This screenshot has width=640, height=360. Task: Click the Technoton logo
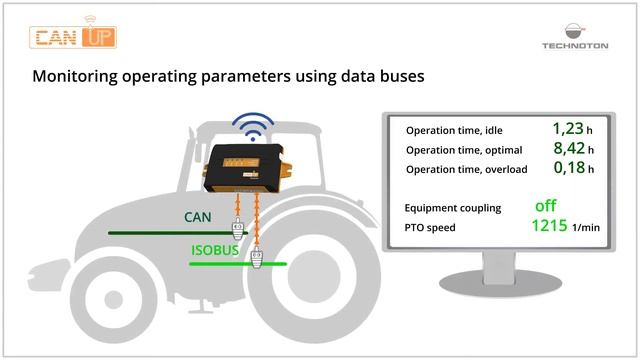click(574, 34)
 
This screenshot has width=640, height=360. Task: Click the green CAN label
click(198, 216)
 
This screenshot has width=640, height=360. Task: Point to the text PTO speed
click(429, 228)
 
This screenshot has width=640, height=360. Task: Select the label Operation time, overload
click(466, 170)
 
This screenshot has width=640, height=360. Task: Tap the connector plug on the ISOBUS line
click(257, 269)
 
